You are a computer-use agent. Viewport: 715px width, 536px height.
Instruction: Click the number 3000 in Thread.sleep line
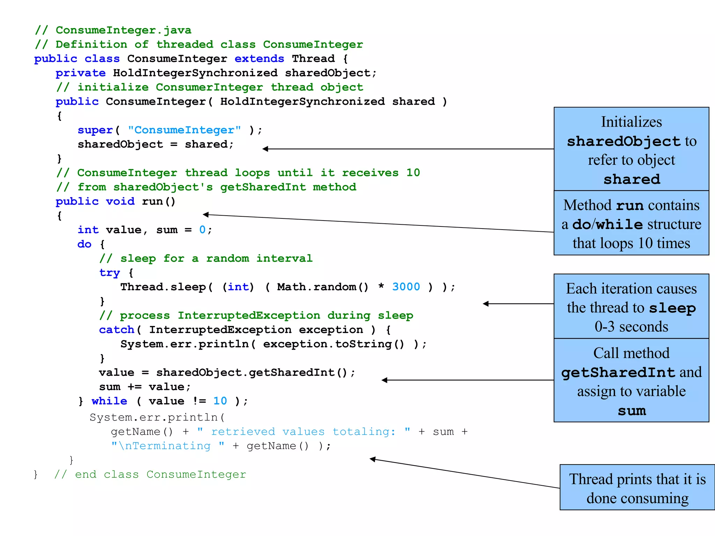tap(406, 287)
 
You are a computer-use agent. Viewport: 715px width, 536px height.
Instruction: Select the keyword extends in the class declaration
tap(259, 59)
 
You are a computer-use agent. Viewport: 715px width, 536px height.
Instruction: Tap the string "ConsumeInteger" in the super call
tap(184, 130)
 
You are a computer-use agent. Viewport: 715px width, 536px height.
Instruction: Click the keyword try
tap(109, 273)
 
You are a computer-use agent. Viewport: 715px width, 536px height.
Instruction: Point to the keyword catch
tap(117, 330)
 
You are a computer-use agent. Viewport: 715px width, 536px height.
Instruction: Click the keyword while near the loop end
tap(109, 401)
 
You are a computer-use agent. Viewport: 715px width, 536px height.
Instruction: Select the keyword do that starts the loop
tap(84, 244)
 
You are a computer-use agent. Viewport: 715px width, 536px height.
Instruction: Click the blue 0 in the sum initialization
tap(202, 230)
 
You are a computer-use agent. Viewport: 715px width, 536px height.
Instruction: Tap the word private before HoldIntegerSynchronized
tap(80, 73)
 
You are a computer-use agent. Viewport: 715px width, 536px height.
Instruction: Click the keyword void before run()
tap(120, 201)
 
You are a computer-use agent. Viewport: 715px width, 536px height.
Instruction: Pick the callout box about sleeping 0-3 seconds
tap(631, 306)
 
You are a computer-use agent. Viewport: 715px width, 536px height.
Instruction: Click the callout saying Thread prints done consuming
tap(637, 487)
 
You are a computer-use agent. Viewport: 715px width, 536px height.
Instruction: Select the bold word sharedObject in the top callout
tap(624, 141)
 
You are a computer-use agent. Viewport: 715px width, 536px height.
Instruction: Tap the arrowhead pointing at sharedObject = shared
tap(265, 149)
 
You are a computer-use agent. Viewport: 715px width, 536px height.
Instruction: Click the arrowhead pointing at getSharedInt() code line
tap(384, 380)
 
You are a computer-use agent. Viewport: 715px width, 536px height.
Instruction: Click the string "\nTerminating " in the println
tap(168, 446)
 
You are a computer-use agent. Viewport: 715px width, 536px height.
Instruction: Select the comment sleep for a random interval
tap(206, 259)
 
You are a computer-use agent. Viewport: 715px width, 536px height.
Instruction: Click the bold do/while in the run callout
tap(607, 224)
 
